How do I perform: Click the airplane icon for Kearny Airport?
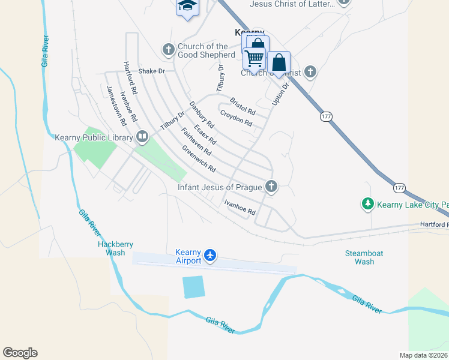coord(210,256)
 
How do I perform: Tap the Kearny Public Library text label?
coord(93,137)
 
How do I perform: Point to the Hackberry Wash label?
coord(115,248)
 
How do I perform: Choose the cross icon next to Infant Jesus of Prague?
coord(271,187)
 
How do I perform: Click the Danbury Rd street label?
coord(202,115)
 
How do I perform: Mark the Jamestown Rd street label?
coord(115,104)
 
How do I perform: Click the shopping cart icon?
coord(254,58)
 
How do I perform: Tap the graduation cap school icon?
coord(187,6)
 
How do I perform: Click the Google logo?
coord(20,353)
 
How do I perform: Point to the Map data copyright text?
coord(424,355)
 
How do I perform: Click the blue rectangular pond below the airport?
coord(193,287)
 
